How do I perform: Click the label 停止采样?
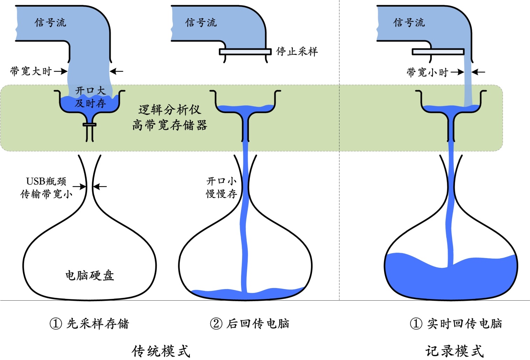(x=297, y=52)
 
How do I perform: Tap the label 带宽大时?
(x=31, y=71)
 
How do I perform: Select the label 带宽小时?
(x=427, y=72)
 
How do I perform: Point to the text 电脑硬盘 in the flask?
(x=90, y=275)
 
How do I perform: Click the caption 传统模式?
(x=161, y=351)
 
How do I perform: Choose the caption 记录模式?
(x=455, y=351)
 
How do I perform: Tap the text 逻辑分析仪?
(x=170, y=110)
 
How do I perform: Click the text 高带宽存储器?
(x=170, y=125)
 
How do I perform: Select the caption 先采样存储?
(x=98, y=324)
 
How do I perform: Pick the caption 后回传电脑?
(x=258, y=324)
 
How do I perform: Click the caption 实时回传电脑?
(x=464, y=324)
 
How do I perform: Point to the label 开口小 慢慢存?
(x=222, y=188)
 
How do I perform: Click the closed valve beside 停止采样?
(x=245, y=52)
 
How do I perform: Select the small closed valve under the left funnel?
(x=89, y=125)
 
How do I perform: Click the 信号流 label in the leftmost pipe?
(x=50, y=23)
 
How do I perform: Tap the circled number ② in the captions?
(x=216, y=324)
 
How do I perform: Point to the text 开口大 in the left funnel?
(x=90, y=90)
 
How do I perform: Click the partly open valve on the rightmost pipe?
(x=438, y=52)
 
